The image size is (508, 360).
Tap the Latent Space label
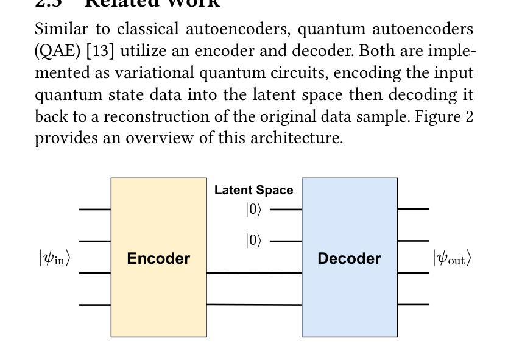click(253, 190)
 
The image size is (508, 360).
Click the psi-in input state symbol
click(55, 258)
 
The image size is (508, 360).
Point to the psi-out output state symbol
click(452, 258)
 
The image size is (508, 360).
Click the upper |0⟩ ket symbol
click(253, 210)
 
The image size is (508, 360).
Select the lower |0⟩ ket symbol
click(253, 241)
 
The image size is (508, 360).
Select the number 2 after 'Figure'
click(469, 116)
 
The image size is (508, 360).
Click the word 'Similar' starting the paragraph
click(64, 29)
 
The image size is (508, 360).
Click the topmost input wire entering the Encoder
click(94, 209)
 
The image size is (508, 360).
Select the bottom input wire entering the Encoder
click(94, 304)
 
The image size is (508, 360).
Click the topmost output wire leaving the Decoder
click(413, 208)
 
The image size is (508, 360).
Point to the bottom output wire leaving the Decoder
click(413, 304)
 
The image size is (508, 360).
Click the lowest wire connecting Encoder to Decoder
click(254, 304)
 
